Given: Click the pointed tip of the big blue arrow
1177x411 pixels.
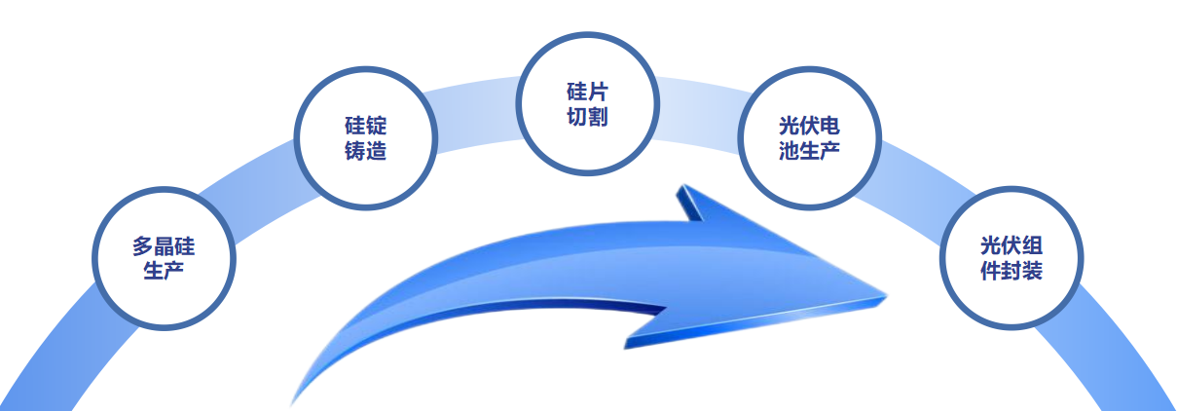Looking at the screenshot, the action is coord(886,297).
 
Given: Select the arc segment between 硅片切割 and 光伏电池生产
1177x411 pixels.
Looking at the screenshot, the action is coord(699,114).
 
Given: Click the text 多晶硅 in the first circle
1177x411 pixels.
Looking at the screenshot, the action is coord(164,246).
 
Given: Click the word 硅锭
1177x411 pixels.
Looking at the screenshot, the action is coord(366,127).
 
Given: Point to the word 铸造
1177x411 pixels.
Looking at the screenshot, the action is coord(366,151).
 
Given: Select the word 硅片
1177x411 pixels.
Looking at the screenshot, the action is coord(587,92).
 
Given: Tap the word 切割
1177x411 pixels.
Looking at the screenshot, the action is coord(587,117).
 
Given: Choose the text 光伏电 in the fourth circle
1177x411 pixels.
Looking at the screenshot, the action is coord(809,127).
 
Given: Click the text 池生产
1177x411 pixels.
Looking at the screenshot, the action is coord(809,151).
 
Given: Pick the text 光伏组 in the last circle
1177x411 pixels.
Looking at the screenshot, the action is coord(1011,246).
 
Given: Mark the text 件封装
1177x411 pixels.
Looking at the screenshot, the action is coord(1011,271).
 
